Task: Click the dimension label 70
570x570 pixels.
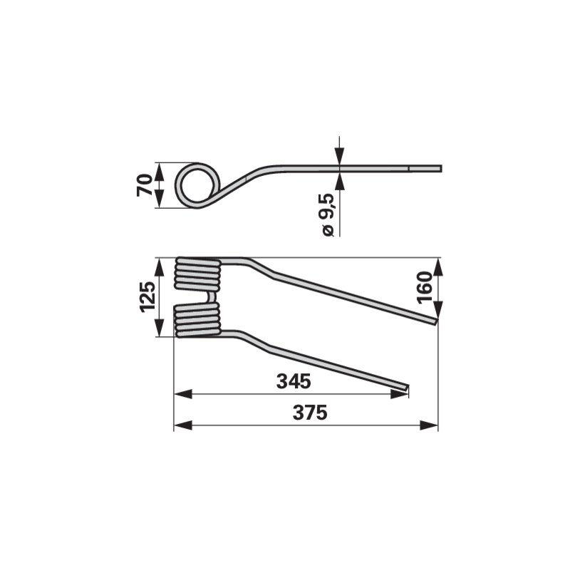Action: point(145,185)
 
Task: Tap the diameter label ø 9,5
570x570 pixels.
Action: point(328,215)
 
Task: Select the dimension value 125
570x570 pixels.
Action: point(147,296)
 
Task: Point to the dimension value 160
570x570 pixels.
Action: point(425,287)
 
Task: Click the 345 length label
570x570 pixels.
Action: point(294,381)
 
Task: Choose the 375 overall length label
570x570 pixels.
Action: point(310,413)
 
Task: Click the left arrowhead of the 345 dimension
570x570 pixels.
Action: point(183,394)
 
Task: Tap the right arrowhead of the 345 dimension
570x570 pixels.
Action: point(399,394)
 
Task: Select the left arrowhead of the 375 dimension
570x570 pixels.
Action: point(183,425)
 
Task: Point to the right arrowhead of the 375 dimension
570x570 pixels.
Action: point(429,425)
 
